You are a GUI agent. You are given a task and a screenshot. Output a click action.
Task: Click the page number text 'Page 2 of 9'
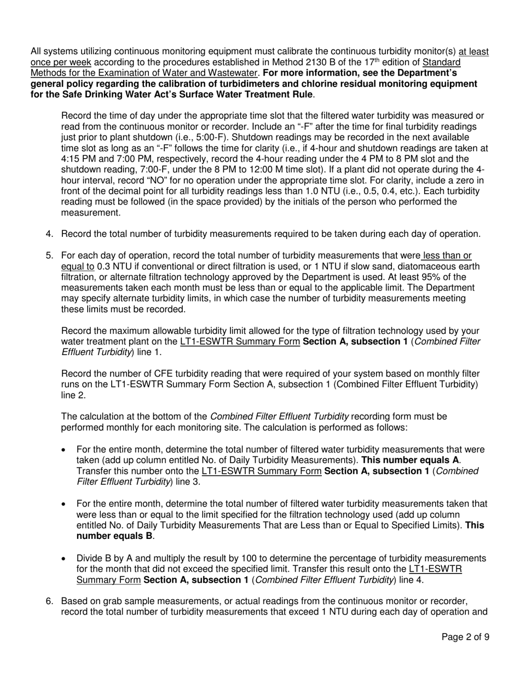[465, 652]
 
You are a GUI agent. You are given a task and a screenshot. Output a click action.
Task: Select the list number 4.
[49, 234]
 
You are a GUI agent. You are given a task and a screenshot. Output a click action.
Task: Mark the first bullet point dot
[65, 450]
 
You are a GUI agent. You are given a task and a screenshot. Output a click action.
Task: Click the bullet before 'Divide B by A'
[65, 558]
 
